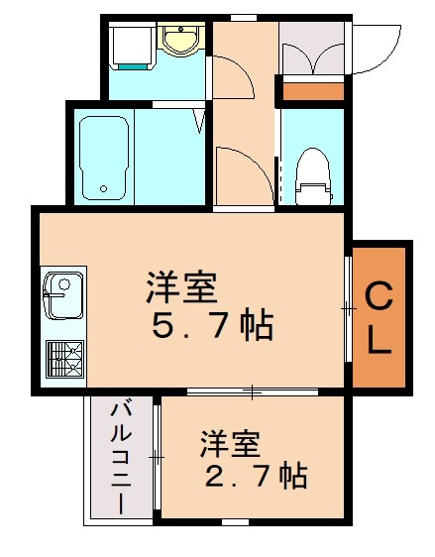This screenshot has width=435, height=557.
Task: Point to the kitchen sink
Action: (x=61, y=296)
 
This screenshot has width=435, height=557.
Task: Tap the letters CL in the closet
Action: (x=379, y=316)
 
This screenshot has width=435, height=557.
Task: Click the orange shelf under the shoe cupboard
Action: (x=310, y=93)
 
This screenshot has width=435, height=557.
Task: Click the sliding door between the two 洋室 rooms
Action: (x=252, y=392)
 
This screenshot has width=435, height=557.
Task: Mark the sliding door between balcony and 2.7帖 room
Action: (x=157, y=456)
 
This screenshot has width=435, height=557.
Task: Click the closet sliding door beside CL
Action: (x=348, y=309)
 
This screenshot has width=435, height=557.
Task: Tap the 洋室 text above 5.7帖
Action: (x=181, y=287)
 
